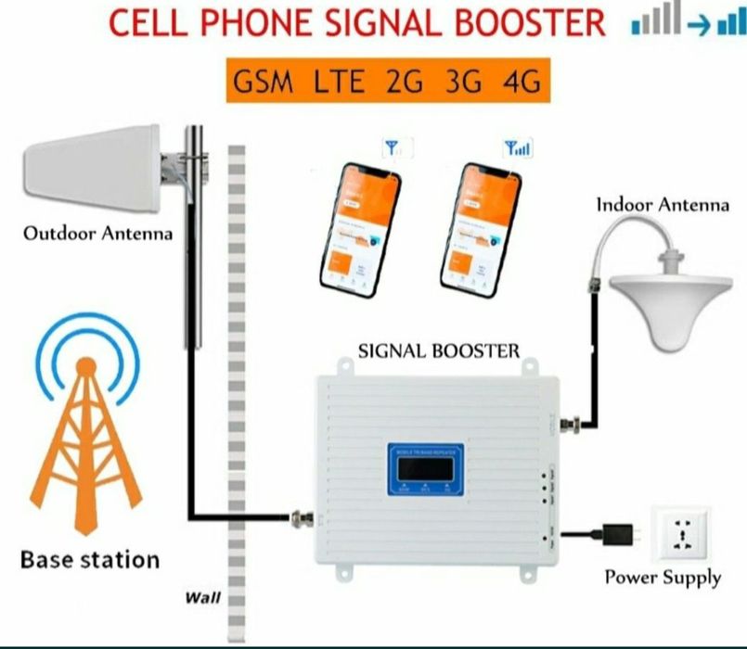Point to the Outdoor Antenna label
(97, 233)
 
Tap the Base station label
(90, 559)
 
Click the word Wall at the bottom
(203, 598)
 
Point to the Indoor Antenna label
(663, 205)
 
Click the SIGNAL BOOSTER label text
(439, 350)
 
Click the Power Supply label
(663, 577)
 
